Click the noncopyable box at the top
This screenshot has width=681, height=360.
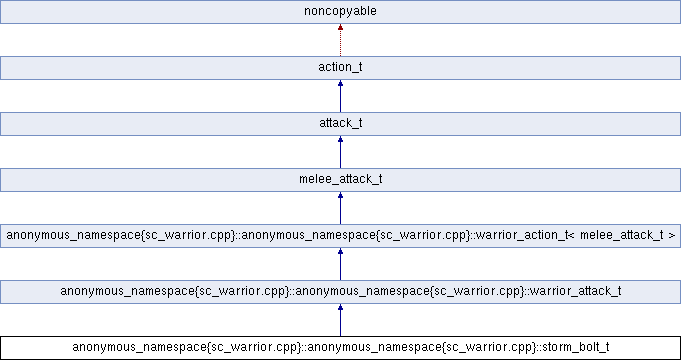pos(340,12)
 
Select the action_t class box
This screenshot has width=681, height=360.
pos(340,68)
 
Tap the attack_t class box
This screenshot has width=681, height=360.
pos(340,124)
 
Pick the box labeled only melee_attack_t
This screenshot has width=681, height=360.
pos(340,180)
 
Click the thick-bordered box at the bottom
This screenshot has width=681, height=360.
pos(340,347)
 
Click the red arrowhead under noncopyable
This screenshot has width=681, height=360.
pos(340,29)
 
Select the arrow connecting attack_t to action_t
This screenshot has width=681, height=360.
pos(340,97)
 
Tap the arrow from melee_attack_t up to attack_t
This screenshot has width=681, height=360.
pos(340,153)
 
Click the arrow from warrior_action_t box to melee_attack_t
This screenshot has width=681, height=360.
pos(340,209)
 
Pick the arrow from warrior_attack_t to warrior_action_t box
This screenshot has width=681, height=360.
pos(340,265)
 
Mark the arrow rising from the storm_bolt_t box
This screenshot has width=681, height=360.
pos(340,321)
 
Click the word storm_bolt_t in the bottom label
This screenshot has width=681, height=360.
pos(574,347)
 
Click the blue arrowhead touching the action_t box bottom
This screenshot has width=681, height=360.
pos(340,85)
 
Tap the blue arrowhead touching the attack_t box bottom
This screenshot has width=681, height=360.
pos(340,141)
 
